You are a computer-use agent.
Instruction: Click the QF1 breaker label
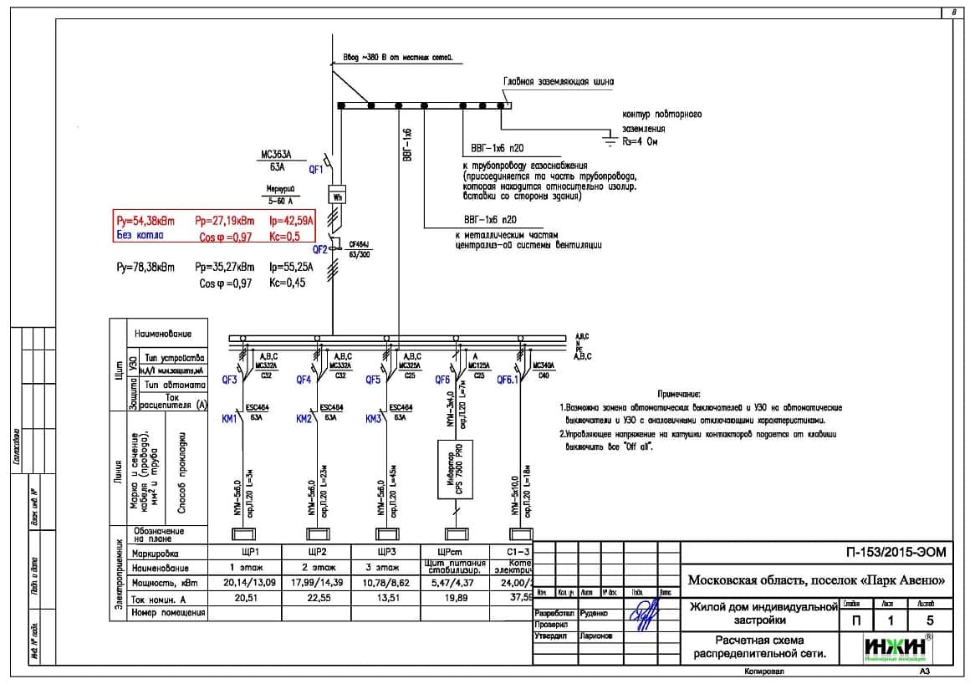tap(316, 169)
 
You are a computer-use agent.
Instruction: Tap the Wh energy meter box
tap(338, 197)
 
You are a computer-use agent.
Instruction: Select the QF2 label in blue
tap(320, 249)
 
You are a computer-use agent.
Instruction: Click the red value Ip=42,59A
tap(292, 222)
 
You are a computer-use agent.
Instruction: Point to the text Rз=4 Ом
tap(642, 143)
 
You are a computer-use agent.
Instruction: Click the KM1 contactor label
tap(231, 419)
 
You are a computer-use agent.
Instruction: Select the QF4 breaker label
tap(304, 379)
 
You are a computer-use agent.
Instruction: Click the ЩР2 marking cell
tap(315, 554)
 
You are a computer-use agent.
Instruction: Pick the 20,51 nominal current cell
tap(244, 598)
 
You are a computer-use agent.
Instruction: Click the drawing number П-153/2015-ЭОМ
tap(894, 553)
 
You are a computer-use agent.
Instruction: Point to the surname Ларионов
tap(595, 636)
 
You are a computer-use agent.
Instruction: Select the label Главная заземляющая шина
tap(558, 82)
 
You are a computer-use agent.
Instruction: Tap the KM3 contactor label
tap(374, 419)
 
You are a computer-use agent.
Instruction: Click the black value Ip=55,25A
tap(292, 268)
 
